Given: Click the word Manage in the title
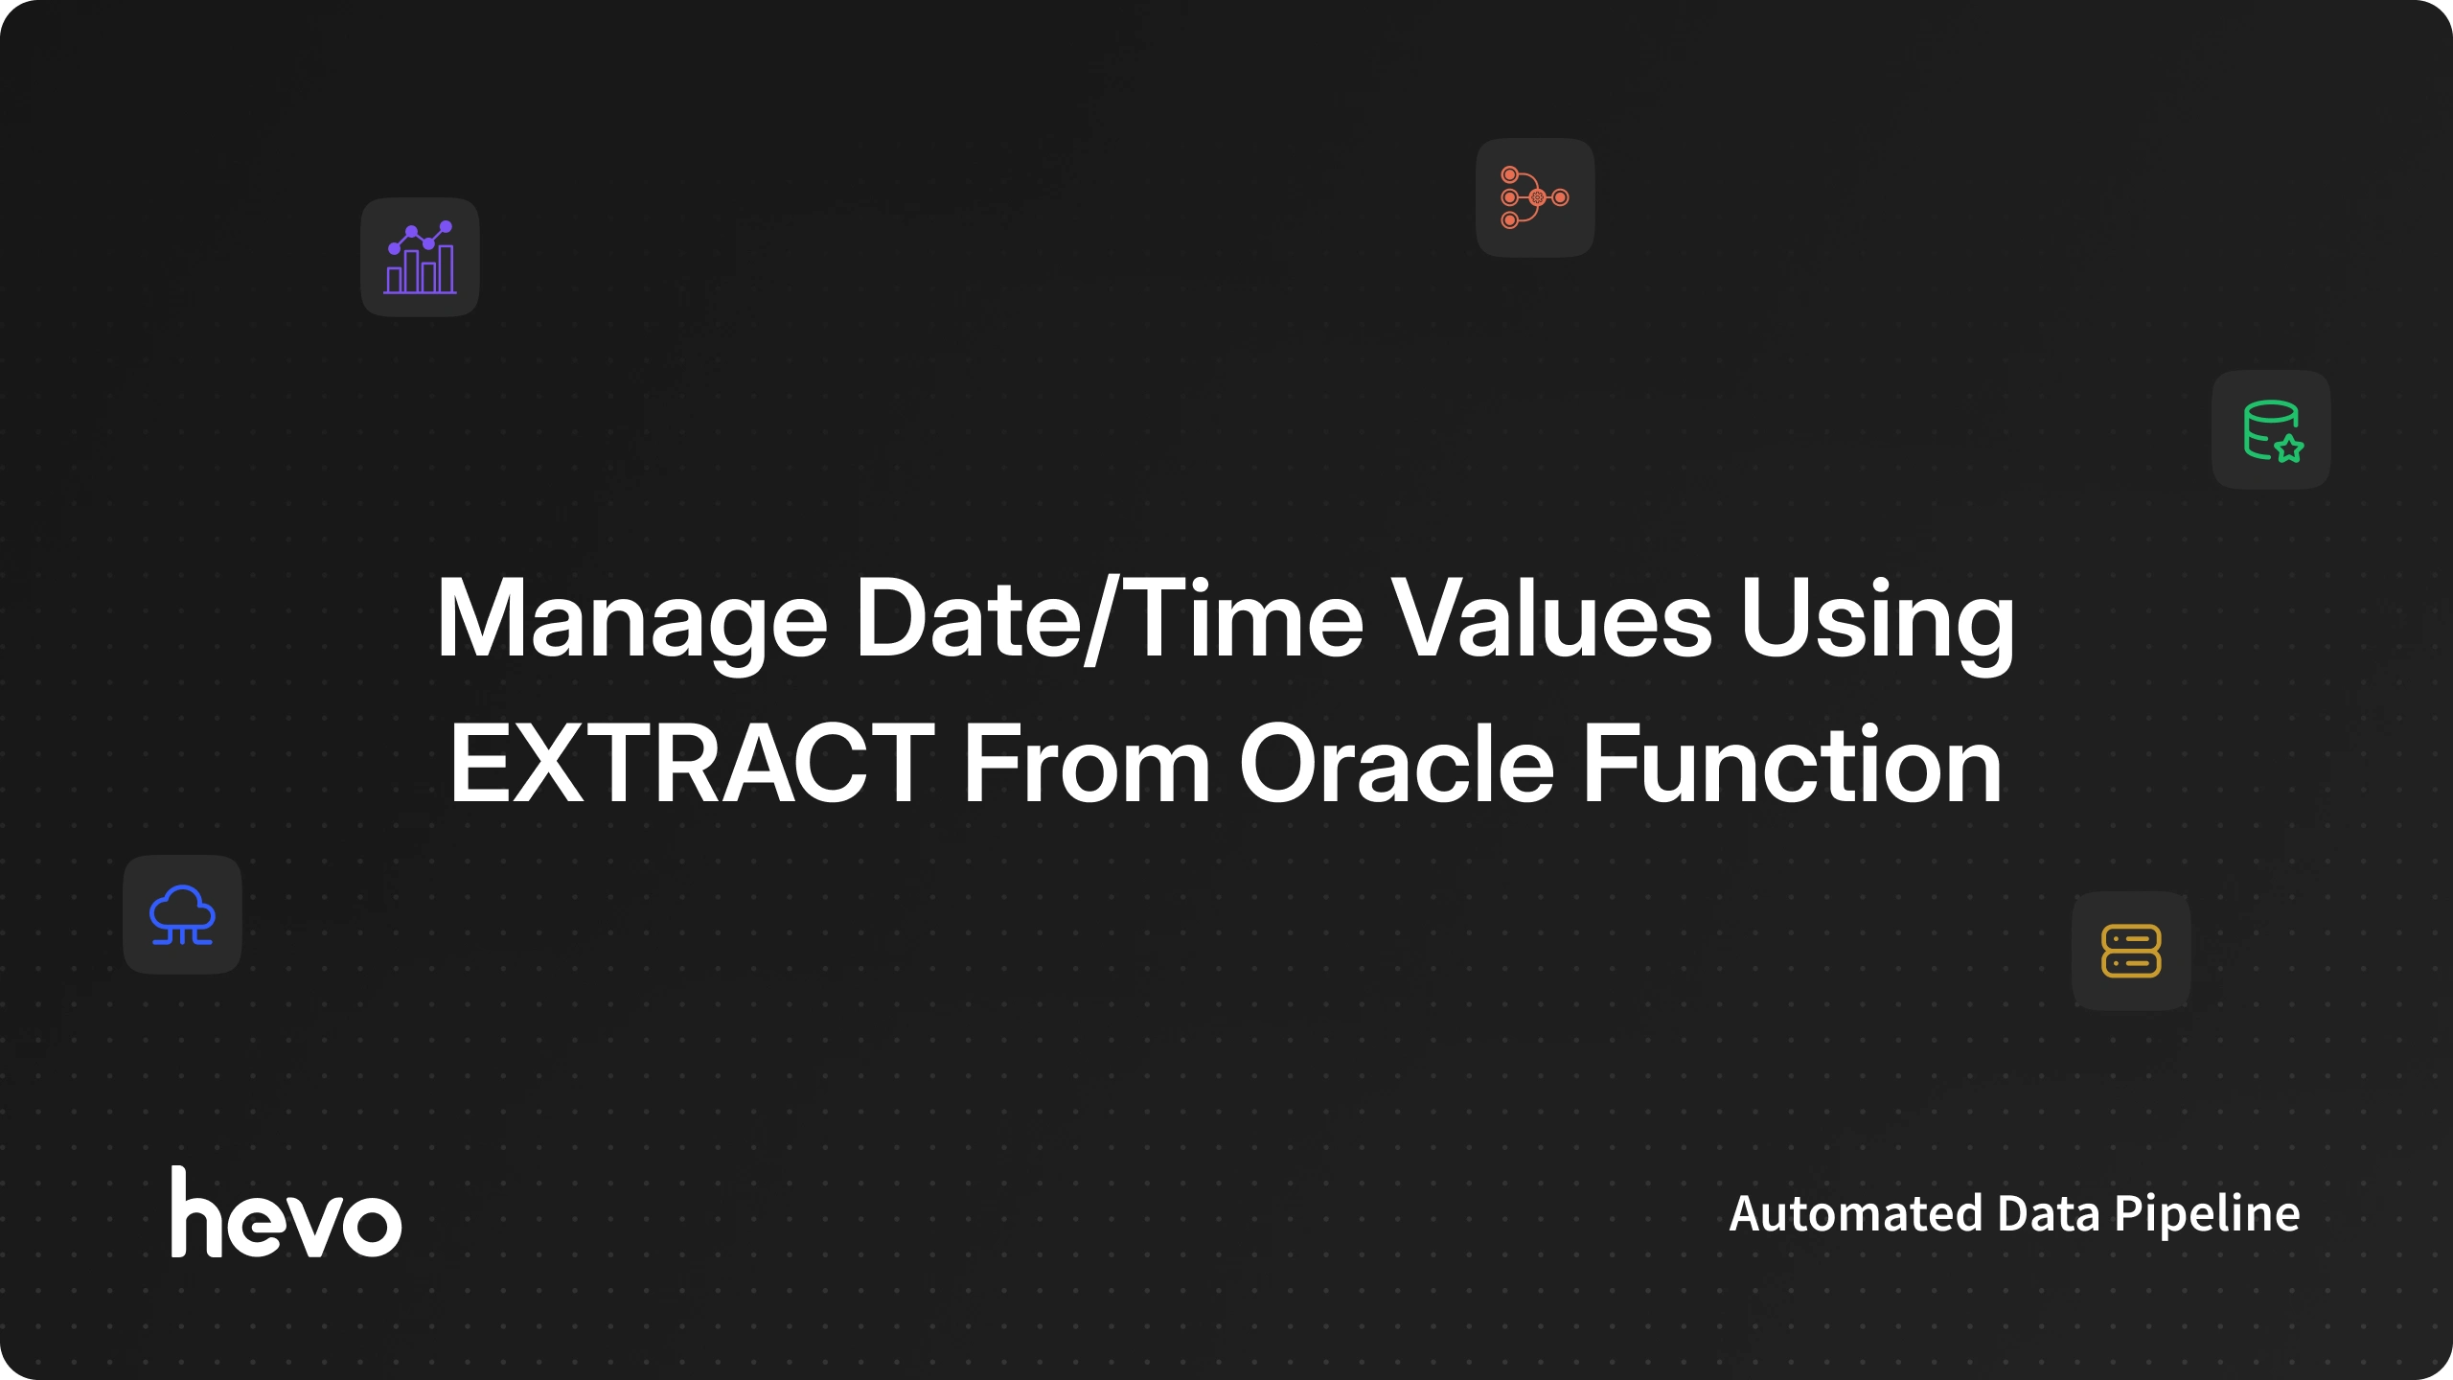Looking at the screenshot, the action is [632, 621].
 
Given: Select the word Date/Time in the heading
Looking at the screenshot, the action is [1110, 618].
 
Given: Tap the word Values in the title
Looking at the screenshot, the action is [1551, 618].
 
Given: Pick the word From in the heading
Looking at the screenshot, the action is [1087, 764].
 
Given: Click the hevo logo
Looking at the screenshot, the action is [286, 1211].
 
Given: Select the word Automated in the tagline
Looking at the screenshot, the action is [1855, 1213].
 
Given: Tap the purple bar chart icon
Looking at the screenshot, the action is [420, 257].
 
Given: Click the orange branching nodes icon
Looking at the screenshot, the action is [1535, 197].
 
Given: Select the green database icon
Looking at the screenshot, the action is [2272, 430].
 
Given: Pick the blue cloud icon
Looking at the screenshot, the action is [182, 914].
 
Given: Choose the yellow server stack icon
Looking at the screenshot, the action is [2131, 951].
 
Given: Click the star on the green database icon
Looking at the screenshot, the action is [2289, 448].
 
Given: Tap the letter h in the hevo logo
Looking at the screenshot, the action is [200, 1211].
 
